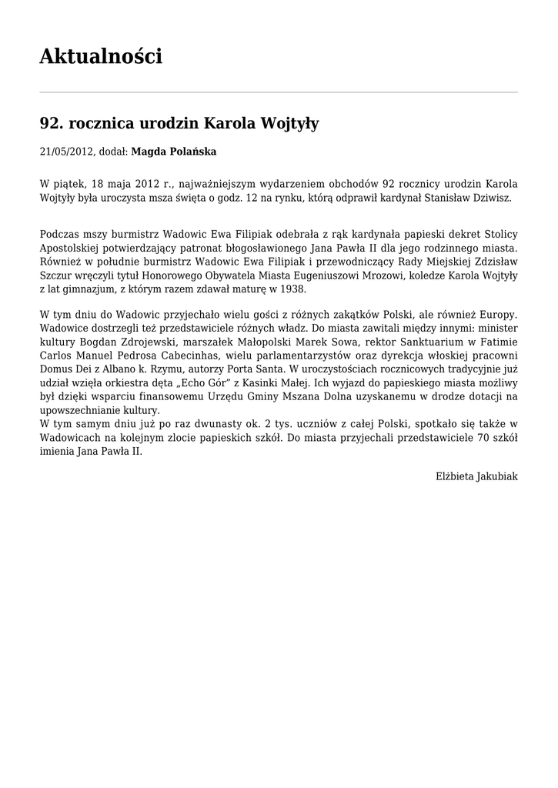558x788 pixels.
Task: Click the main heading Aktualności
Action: pos(101,56)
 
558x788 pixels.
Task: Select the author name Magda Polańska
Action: pos(174,152)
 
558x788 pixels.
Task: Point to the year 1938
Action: pos(292,289)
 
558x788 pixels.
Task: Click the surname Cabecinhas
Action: pos(211,356)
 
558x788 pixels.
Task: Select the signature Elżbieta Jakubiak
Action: pos(476,476)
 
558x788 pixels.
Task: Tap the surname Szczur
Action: pos(55,275)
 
